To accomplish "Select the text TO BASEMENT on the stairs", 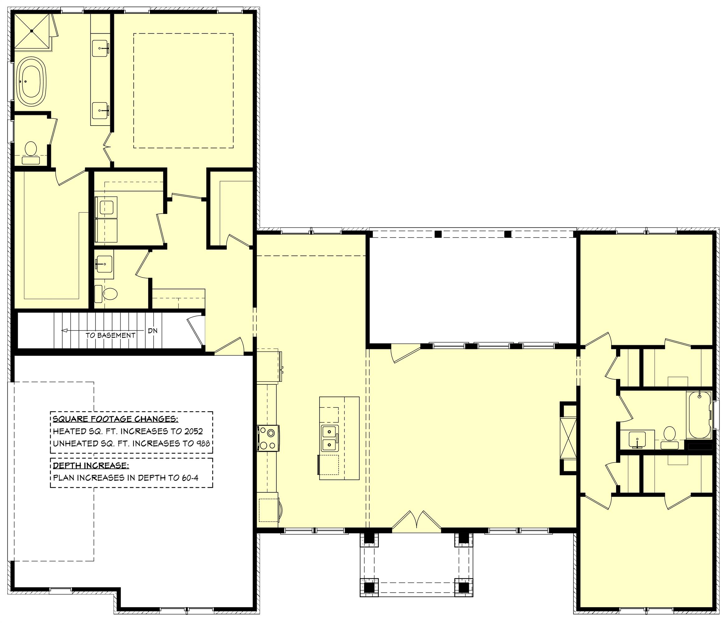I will (110, 335).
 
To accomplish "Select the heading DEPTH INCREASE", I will (91, 466).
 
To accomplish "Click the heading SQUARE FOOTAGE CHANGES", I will (115, 419).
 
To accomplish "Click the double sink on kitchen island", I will (330, 437).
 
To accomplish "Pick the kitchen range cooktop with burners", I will (269, 438).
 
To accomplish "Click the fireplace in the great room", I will (568, 438).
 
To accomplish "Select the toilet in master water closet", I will (31, 149).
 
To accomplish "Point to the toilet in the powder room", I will (110, 294).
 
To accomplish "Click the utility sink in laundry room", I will (106, 207).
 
